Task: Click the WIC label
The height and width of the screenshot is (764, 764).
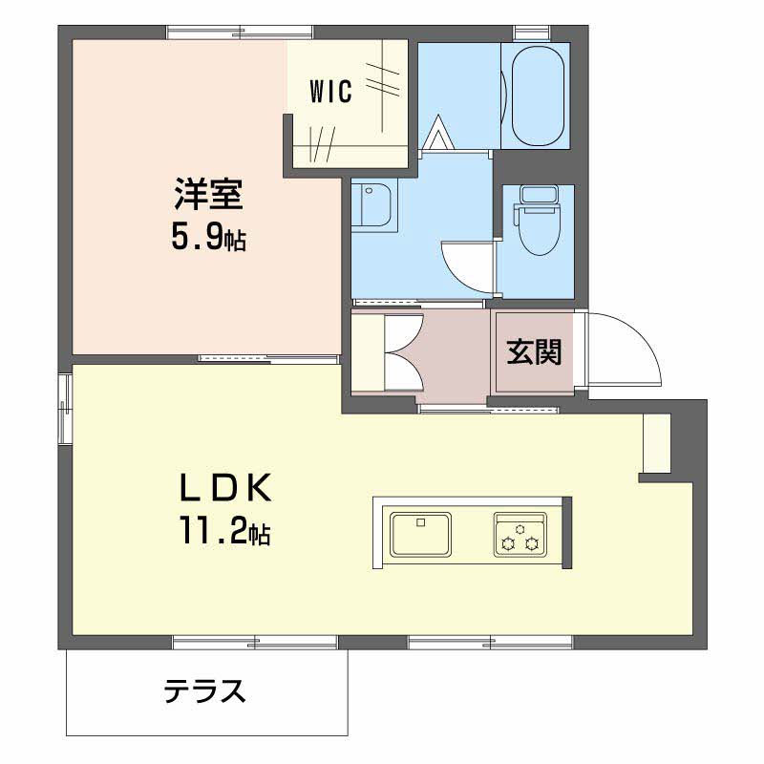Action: [331, 93]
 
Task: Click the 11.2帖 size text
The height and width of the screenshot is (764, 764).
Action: [222, 531]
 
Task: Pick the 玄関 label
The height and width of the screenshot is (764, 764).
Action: [533, 351]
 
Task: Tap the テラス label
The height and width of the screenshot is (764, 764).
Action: [205, 690]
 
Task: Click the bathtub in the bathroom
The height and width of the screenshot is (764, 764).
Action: [540, 95]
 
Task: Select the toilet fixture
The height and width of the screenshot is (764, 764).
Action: [536, 219]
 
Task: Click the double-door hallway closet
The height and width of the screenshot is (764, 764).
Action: [387, 351]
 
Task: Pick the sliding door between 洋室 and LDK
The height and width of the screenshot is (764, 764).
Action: [268, 358]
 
